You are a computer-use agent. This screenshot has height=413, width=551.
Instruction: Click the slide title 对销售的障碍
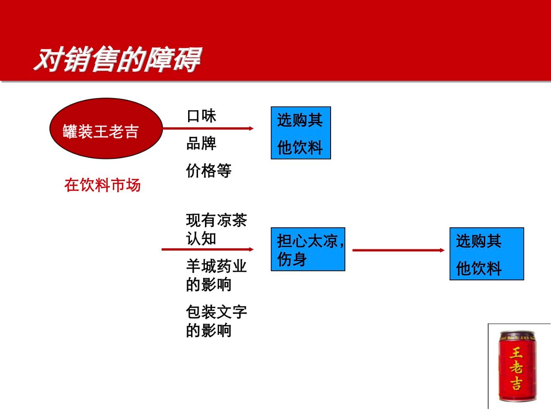pos(118,59)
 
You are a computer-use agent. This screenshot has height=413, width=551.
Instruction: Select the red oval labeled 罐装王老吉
pos(106,128)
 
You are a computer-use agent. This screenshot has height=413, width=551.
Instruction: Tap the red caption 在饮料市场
pos(102,185)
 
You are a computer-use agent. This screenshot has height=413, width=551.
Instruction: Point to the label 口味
pos(201,116)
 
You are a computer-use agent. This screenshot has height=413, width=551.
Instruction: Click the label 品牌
pos(201,143)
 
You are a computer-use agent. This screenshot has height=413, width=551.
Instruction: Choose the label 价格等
pos(209,170)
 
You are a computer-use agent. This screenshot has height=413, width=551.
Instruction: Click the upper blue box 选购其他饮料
pos(301,133)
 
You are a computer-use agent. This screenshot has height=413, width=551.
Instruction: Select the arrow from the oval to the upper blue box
pos(208,129)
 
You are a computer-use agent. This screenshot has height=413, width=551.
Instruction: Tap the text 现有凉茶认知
pos(217,229)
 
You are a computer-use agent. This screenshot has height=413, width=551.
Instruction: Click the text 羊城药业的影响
pos(217,275)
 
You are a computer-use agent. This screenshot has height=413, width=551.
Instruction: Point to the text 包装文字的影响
pos(217,321)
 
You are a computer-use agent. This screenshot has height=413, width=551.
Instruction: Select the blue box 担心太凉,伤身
pos(308,249)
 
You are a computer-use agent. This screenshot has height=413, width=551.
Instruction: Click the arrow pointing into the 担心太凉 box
pos(207,250)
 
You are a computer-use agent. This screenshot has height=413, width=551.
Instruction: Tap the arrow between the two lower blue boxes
pos(398,250)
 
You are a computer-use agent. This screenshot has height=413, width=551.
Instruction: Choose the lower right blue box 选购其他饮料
pos(487,254)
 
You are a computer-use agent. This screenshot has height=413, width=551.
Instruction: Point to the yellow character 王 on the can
pos(516,353)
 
